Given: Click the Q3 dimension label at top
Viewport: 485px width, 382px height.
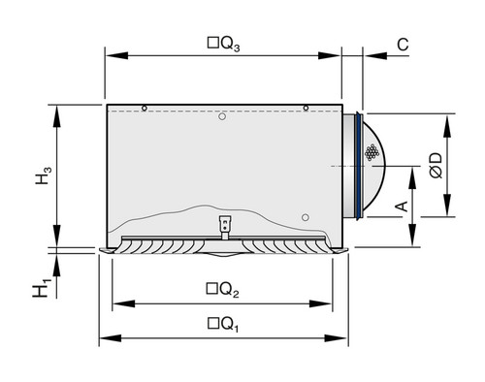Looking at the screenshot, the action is click(223, 45).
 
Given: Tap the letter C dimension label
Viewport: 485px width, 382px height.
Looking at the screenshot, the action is click(403, 45).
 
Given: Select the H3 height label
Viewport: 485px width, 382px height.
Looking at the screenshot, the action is click(43, 175).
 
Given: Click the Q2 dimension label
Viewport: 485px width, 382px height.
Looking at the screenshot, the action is click(223, 290).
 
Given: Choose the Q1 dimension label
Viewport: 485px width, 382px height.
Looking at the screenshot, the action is click(223, 325).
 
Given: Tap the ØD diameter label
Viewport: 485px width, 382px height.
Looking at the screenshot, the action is click(436, 165).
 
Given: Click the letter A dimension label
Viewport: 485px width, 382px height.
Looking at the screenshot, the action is click(403, 206).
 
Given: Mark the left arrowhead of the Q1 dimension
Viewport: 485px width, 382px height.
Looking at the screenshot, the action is click(111, 338).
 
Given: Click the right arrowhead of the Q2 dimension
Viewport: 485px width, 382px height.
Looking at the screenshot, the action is click(320, 303).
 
